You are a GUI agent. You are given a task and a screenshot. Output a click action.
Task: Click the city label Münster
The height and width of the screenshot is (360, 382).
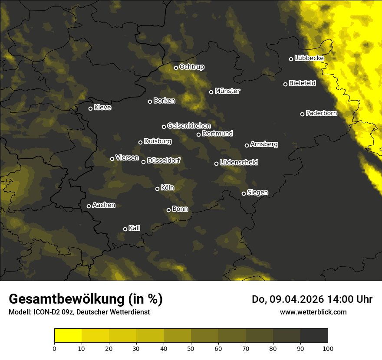227,91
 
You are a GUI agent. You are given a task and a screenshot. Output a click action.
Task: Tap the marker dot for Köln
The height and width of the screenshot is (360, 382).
157,189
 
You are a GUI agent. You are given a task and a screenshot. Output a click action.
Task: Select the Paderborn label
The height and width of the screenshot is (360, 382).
321,114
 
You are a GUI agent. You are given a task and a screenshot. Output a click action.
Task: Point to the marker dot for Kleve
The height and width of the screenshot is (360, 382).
90,108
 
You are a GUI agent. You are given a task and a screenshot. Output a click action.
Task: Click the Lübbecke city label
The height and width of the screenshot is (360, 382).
309,58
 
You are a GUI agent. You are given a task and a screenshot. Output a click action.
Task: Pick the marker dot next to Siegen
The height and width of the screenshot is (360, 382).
244,193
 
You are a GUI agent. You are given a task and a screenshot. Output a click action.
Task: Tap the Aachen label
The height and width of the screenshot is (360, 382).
104,205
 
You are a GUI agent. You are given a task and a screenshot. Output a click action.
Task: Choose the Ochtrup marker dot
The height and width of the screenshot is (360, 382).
176,68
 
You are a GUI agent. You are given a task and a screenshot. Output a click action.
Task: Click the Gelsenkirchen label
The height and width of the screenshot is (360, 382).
189,126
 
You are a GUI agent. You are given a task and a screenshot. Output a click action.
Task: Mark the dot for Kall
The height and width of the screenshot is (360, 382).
125,229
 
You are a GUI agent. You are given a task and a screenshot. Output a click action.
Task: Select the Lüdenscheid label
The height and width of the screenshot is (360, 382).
239,163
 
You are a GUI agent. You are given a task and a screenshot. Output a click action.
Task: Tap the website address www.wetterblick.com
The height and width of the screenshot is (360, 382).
313,312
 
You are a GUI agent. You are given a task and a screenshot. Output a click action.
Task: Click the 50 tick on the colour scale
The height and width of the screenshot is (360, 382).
191,348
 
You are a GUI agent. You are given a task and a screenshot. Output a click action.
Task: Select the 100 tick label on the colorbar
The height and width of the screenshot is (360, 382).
328,348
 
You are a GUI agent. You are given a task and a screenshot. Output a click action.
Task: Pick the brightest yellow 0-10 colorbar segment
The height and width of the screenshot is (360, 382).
68,336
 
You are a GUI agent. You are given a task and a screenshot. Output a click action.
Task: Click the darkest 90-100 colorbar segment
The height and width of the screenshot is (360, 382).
314,336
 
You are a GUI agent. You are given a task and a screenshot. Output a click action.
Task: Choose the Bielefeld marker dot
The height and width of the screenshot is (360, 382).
285,84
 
